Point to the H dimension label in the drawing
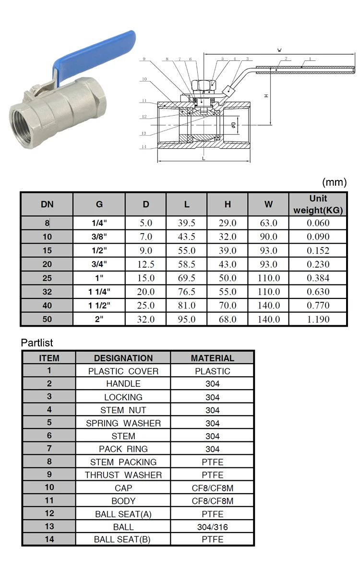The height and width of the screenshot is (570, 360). click(x=266, y=95)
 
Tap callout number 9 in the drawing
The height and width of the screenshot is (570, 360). click(x=144, y=59)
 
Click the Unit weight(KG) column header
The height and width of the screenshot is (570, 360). click(x=318, y=204)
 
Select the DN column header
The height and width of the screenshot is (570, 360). click(x=47, y=204)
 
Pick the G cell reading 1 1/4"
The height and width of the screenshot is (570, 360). click(x=99, y=292)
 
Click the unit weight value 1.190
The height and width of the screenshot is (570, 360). click(x=318, y=319)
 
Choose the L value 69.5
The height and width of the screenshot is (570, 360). click(x=187, y=278)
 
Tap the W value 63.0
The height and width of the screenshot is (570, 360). click(x=268, y=223)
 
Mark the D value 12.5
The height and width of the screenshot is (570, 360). click(x=145, y=264)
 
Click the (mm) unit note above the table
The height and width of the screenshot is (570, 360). click(x=334, y=182)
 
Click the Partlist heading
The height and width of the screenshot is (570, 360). click(x=37, y=343)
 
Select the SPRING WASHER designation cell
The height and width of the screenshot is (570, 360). click(x=123, y=423)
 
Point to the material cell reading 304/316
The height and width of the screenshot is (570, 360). click(x=212, y=527)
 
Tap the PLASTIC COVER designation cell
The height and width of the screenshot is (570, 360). click(x=123, y=371)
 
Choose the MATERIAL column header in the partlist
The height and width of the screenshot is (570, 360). click(x=212, y=358)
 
